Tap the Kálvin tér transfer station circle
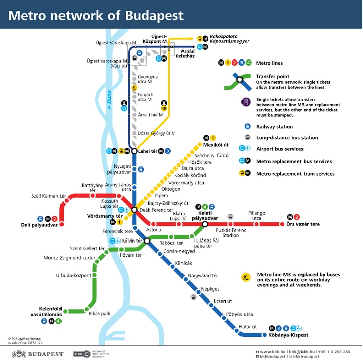coord(147,241)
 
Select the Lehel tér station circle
coord(134,151)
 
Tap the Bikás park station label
coord(99,314)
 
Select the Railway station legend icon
coord(247,126)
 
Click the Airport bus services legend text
coord(279,149)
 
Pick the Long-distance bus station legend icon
coord(247,137)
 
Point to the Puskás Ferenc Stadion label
coord(230,232)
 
